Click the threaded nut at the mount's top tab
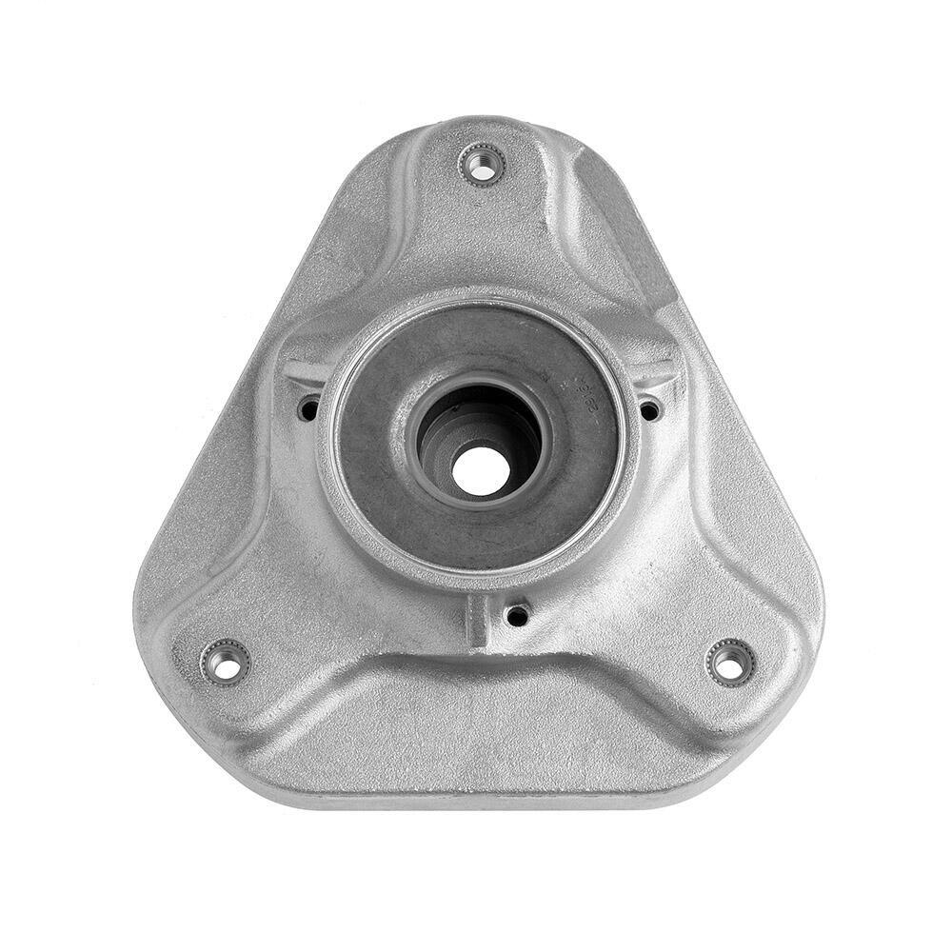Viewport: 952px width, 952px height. point(482,166)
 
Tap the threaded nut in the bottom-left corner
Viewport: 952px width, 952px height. point(226,662)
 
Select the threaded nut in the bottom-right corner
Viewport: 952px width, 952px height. point(730,663)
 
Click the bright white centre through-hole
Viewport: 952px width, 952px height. point(479,470)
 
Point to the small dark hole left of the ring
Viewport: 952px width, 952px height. point(308,410)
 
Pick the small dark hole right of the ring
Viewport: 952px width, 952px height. point(649,410)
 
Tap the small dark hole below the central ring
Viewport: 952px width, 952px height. point(517,615)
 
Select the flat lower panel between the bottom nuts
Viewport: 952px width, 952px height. point(476,733)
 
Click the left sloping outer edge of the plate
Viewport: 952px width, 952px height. point(228,400)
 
